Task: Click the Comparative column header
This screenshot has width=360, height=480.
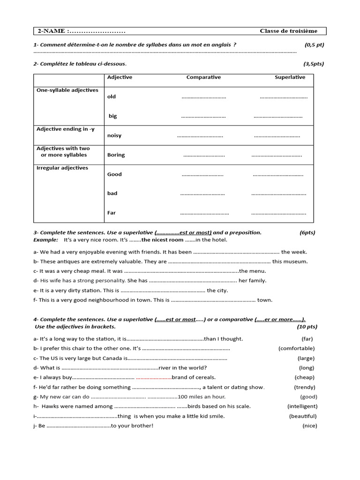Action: pos(203,77)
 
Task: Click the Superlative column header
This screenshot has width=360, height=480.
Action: pos(290,77)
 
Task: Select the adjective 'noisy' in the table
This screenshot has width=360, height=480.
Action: pos(114,135)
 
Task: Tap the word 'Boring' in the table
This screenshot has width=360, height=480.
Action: pos(116,155)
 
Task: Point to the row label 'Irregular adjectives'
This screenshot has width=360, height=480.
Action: pos(62,168)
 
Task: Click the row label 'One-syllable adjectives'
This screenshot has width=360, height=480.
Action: pos(67,90)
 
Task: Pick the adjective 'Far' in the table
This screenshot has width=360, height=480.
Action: pos(112,213)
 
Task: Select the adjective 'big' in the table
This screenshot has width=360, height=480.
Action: pos(113,116)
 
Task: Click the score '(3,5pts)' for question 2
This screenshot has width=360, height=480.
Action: pos(313,64)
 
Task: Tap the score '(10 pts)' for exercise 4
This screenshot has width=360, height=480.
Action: pos(307,327)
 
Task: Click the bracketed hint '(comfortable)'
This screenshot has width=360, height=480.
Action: pos(296,348)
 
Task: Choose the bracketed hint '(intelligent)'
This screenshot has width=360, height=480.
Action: pos(302,406)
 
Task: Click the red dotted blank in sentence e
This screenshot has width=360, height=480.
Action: pos(154,377)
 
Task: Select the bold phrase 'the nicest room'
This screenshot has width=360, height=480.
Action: pos(163,240)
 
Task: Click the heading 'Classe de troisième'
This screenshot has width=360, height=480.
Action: pos(288,31)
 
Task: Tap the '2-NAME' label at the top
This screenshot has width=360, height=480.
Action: pos(52,31)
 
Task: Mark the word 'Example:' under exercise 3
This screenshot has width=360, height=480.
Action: pos(45,240)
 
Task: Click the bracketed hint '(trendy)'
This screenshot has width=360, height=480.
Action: pos(305,387)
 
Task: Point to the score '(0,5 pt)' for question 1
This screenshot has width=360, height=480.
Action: pos(314,45)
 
